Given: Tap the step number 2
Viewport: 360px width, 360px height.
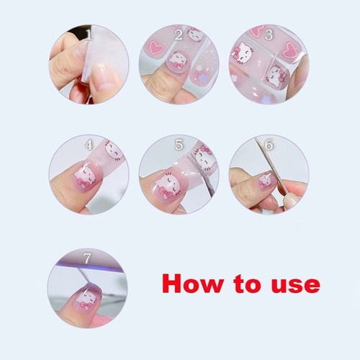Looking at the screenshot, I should [x=179, y=34].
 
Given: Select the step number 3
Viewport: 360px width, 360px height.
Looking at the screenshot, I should [x=269, y=34].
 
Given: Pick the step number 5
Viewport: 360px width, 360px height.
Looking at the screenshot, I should [x=179, y=145].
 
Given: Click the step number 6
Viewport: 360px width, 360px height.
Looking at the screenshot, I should [x=269, y=145].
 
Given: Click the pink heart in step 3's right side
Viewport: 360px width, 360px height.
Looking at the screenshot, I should [x=290, y=50].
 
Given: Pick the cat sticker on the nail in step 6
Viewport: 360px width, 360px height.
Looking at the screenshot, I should [x=265, y=180].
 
